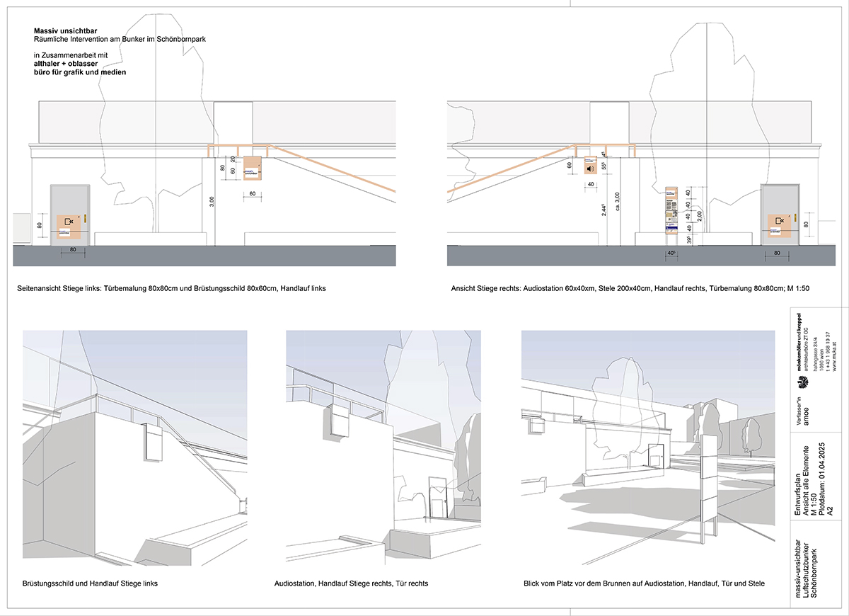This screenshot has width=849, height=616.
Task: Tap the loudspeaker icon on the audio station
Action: (589, 169)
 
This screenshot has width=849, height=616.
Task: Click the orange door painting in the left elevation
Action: (69, 224)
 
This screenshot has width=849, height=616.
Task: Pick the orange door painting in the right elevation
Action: (780, 224)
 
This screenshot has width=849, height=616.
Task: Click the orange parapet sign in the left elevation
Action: (252, 169)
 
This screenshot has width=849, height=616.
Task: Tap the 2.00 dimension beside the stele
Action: (700, 215)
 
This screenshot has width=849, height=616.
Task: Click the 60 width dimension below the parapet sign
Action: (251, 193)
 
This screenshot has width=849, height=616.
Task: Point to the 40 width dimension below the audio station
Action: (589, 185)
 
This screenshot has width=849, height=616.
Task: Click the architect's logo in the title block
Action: (802, 384)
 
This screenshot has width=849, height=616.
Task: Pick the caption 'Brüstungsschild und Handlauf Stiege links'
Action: (90, 583)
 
